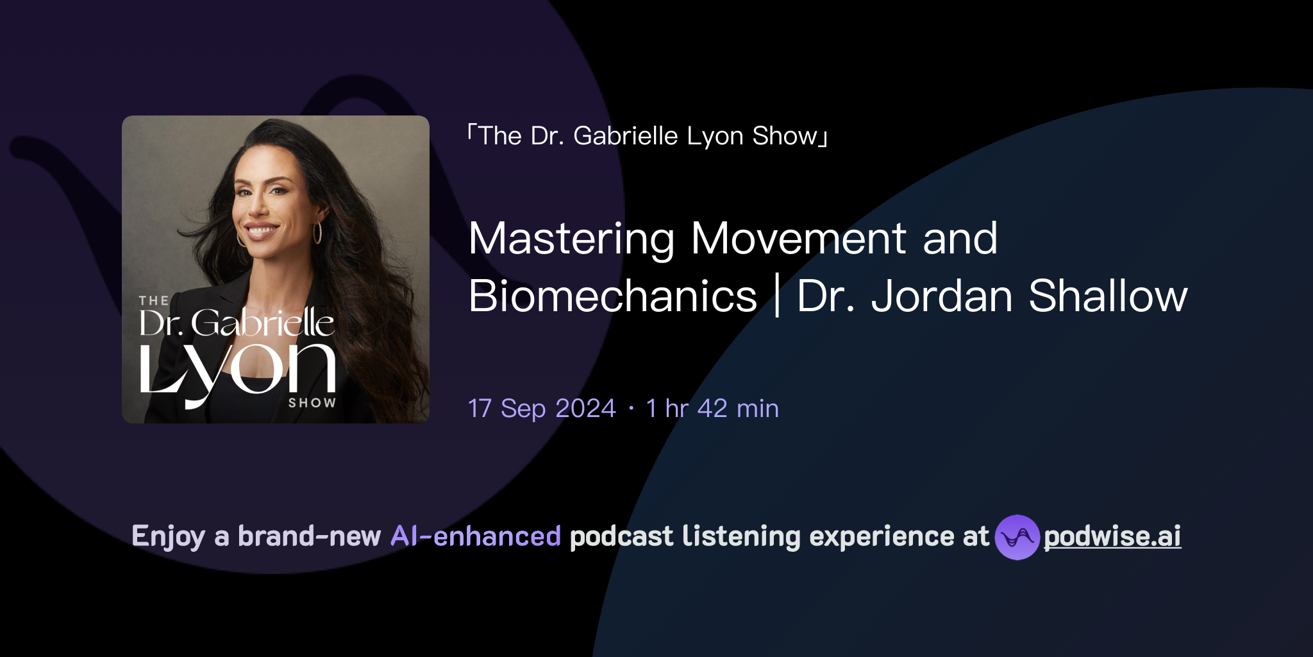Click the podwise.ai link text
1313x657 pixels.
click(x=1112, y=536)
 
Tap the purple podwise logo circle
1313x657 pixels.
click(x=1017, y=537)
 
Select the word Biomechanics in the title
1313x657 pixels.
click(x=613, y=296)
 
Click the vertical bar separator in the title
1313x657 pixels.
click(x=777, y=296)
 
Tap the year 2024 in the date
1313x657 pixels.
click(x=585, y=409)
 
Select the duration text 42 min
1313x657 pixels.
click(x=738, y=409)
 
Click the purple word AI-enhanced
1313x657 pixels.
click(x=476, y=536)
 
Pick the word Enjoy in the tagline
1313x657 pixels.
click(x=168, y=537)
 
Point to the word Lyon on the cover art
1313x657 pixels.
click(x=237, y=369)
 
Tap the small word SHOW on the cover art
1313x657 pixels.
click(x=312, y=403)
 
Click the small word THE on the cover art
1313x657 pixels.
click(x=154, y=301)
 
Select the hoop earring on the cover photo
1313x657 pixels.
click(x=317, y=232)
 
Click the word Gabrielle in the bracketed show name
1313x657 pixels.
click(x=625, y=136)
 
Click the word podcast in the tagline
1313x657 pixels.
click(x=621, y=536)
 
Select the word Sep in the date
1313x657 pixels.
click(x=523, y=409)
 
